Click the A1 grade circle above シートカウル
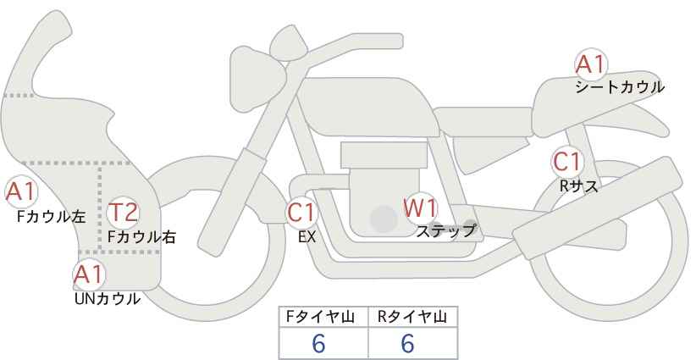coord(590,64)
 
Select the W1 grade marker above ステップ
coord(420,208)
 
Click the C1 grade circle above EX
coord(301,212)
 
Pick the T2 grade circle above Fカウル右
coord(124,212)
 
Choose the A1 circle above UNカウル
coord(88,274)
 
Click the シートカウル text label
coord(619,87)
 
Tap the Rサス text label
coord(578,186)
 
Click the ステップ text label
coord(446,230)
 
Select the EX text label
coord(307,237)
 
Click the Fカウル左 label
coord(51,217)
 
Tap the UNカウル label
coord(108,299)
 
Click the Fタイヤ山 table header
coord(324,317)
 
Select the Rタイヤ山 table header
coord(412,317)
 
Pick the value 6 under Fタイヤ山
coord(318,343)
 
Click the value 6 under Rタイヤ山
coord(407,343)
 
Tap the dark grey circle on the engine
coord(384,219)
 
